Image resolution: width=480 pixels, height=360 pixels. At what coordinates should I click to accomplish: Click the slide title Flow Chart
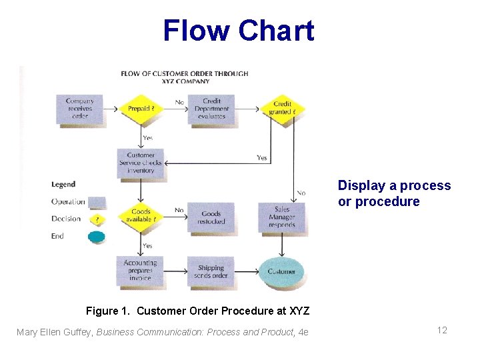238,31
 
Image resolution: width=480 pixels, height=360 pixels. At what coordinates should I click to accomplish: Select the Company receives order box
80,109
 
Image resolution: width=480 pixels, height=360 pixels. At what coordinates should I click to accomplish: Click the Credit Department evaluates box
211,109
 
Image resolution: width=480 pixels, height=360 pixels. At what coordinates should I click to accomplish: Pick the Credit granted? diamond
282,108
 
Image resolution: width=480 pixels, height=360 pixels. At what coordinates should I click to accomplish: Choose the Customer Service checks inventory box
141,163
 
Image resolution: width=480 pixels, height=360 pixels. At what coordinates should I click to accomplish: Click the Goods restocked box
211,217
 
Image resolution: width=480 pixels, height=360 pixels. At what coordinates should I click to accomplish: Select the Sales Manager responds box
281,217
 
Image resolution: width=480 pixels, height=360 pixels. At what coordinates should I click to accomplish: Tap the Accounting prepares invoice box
140,271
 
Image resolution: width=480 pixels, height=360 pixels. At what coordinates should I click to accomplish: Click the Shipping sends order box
211,271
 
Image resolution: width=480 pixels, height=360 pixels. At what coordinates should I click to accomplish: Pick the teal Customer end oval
281,271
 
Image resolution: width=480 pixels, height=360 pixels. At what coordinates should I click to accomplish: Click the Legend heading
63,184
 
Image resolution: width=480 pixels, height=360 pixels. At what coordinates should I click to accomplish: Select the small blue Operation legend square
97,202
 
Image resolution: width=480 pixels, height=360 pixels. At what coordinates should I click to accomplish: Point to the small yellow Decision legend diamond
97,219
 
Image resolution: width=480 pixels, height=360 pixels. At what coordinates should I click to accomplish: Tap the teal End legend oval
97,236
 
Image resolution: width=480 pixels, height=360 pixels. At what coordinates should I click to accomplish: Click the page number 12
442,331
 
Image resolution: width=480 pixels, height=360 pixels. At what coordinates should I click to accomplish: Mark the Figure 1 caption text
198,311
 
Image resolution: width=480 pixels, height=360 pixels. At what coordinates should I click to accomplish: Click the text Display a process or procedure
394,193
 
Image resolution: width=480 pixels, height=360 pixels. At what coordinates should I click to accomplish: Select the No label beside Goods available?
179,210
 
